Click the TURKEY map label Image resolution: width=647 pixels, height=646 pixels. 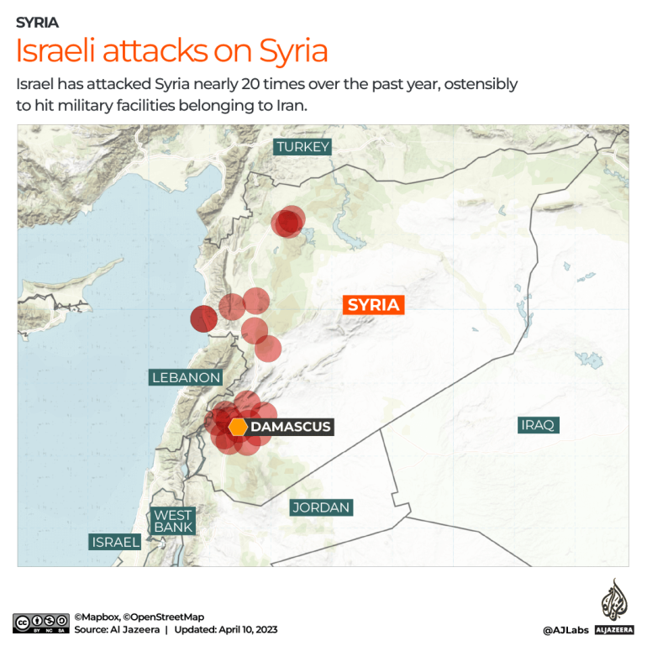tap(302, 147)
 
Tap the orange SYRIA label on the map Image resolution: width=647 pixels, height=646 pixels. tap(373, 305)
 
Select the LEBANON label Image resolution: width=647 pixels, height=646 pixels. tap(186, 377)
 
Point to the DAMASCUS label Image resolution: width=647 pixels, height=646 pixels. tap(291, 427)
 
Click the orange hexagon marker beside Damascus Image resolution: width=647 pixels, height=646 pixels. tap(238, 427)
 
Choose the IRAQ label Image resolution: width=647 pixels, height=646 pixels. tap(538, 424)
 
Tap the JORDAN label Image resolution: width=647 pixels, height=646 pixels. tap(320, 507)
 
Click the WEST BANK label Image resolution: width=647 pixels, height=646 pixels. tap(173, 521)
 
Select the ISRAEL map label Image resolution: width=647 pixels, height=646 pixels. tap(115, 542)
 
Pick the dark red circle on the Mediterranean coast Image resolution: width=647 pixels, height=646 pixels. tap(203, 318)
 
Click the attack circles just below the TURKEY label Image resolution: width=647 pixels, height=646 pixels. tap(288, 222)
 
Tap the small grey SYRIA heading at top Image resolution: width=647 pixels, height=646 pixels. tap(37, 23)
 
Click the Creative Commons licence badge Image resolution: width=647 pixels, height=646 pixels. tap(40, 623)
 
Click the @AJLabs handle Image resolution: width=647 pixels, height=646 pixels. tap(564, 629)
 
